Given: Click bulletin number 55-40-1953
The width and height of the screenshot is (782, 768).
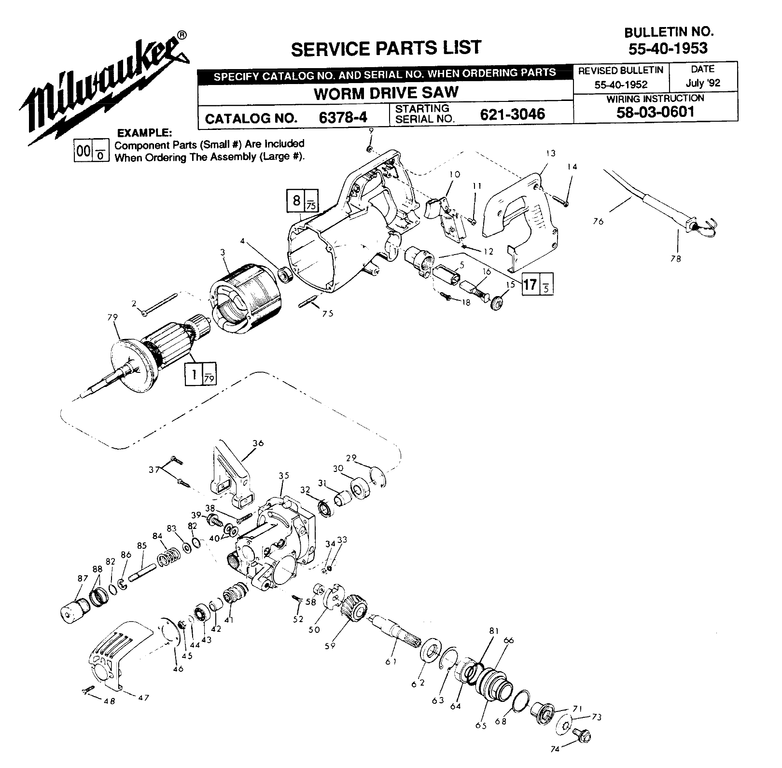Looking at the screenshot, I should tap(668, 48).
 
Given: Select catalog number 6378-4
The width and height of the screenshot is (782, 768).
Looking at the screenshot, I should tap(344, 117).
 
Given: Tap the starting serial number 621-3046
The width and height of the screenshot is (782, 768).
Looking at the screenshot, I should tap(512, 114).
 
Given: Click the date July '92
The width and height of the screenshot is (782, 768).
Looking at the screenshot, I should tap(703, 83).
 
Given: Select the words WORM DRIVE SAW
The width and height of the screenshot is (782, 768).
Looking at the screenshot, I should tap(386, 93).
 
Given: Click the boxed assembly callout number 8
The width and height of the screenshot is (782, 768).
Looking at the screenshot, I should tap(296, 200).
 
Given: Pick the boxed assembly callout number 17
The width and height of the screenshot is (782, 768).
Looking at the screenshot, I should tap(530, 284).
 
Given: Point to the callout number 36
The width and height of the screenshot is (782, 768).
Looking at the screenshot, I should tap(258, 443).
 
